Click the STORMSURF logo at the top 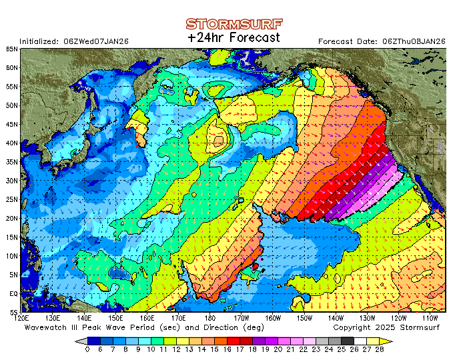coord(233,25)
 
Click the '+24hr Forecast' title coord(233,38)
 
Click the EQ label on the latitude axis coord(13,293)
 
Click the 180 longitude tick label coord(211,319)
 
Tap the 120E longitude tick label coord(22,319)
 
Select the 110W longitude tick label coord(431,319)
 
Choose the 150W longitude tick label coord(305,319)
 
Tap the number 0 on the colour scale coord(87,349)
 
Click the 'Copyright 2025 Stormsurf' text coord(388,327)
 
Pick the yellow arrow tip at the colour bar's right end coord(390,341)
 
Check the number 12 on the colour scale coord(176,349)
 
